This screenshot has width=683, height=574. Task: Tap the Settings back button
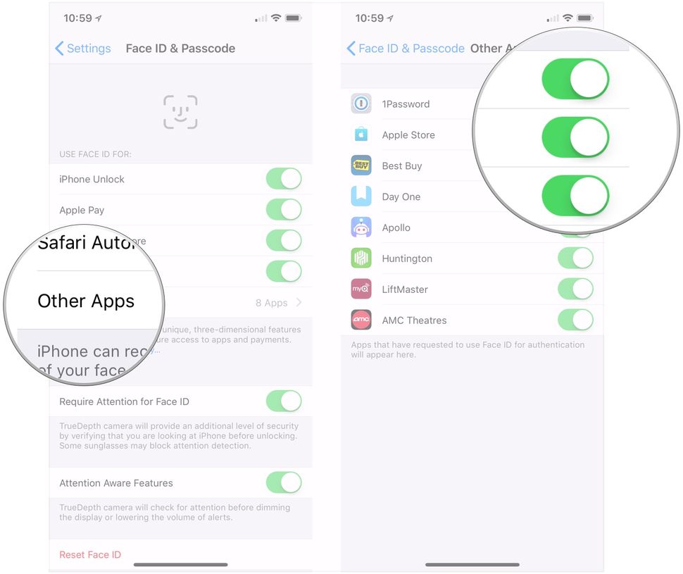click(83, 49)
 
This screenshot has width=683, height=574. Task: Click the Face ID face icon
click(180, 112)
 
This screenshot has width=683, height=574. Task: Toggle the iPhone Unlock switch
click(284, 179)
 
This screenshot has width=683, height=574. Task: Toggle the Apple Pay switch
click(284, 210)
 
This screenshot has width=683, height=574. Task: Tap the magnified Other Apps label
click(86, 301)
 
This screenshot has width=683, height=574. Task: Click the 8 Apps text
click(271, 303)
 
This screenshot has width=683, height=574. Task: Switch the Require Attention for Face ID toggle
click(284, 401)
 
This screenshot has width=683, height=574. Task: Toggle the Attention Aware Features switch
click(284, 483)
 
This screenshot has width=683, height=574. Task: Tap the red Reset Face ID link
click(90, 555)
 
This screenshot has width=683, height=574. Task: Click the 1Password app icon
click(361, 104)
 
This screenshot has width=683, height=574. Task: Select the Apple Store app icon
click(361, 135)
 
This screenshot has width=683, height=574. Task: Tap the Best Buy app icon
click(361, 166)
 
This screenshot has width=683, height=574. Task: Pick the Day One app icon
click(361, 196)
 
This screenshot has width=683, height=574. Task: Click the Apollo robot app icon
click(361, 227)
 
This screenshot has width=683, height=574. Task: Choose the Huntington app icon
click(361, 258)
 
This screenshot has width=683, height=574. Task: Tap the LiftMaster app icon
click(361, 289)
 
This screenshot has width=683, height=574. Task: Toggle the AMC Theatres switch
click(575, 320)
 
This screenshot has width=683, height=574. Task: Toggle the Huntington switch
click(575, 258)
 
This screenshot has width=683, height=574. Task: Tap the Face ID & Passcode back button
click(406, 49)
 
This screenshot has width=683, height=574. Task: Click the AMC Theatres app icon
click(361, 320)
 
